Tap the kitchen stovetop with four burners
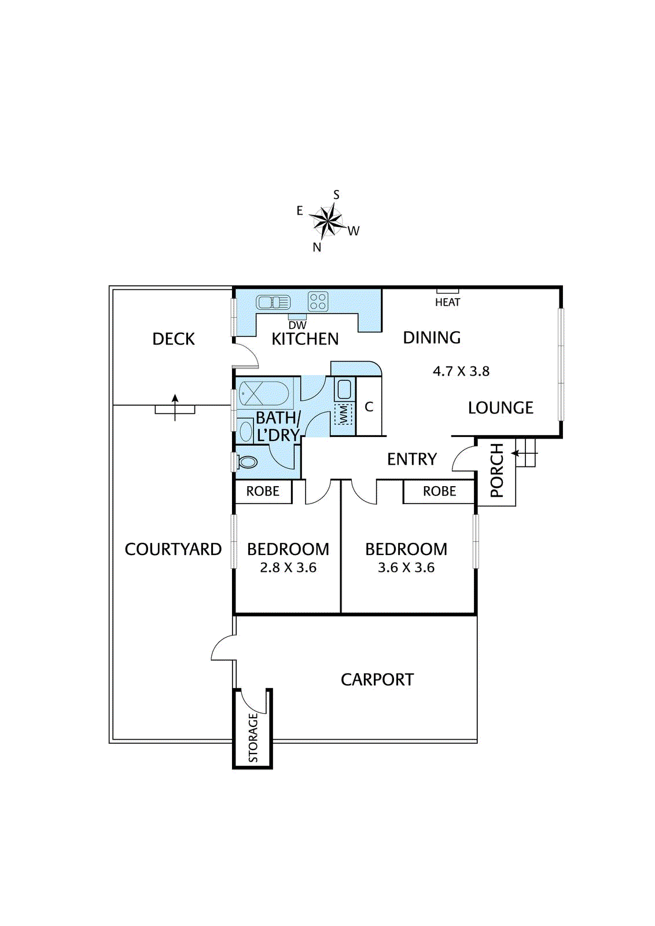pos(318,302)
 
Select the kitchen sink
pos(273,303)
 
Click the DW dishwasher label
pos(297,325)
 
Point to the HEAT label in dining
pos(447,302)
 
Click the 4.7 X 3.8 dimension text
pos(461,371)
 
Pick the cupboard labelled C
pos(369,407)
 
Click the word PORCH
pos(496,470)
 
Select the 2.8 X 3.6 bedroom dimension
pos(288,568)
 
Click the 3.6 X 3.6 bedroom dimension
pos(406,568)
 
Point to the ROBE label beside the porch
pos(439,491)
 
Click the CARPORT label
pos(377,680)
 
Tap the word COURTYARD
pos(173,549)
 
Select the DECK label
pos(174,339)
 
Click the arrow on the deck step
pos(175,407)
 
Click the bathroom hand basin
pos(246,431)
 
